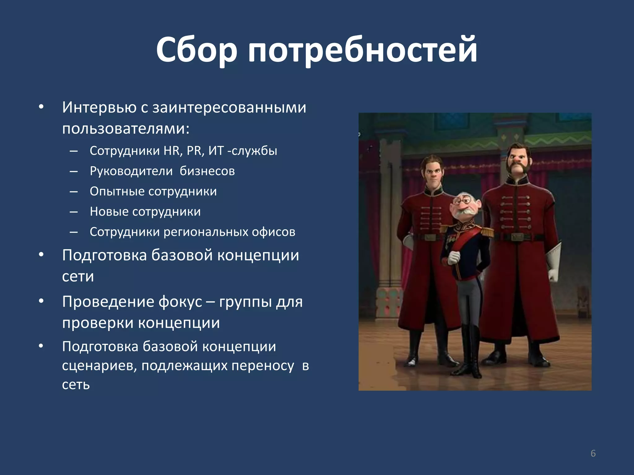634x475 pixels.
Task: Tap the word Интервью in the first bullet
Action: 99,107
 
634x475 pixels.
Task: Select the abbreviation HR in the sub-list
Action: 172,151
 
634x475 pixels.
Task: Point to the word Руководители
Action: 131,171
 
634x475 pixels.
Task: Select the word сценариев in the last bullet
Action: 99,366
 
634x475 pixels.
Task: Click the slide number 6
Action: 593,453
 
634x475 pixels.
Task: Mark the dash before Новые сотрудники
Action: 74,212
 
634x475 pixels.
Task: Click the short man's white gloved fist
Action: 454,257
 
